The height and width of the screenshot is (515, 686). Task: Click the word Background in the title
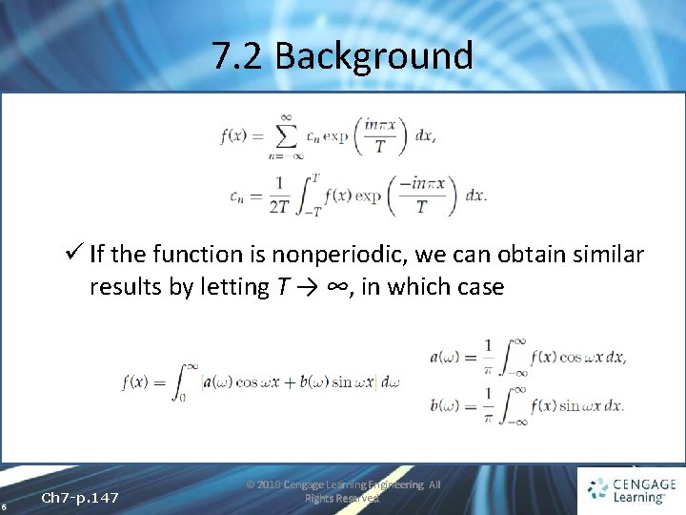click(373, 56)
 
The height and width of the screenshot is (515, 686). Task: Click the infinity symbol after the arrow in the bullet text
click(333, 287)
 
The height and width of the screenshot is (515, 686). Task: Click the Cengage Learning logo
click(633, 489)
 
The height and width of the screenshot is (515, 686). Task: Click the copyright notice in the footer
click(343, 491)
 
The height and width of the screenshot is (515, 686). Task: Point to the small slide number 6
click(5, 507)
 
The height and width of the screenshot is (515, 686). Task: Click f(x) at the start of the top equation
click(234, 135)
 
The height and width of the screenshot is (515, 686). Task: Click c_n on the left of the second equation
click(239, 196)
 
